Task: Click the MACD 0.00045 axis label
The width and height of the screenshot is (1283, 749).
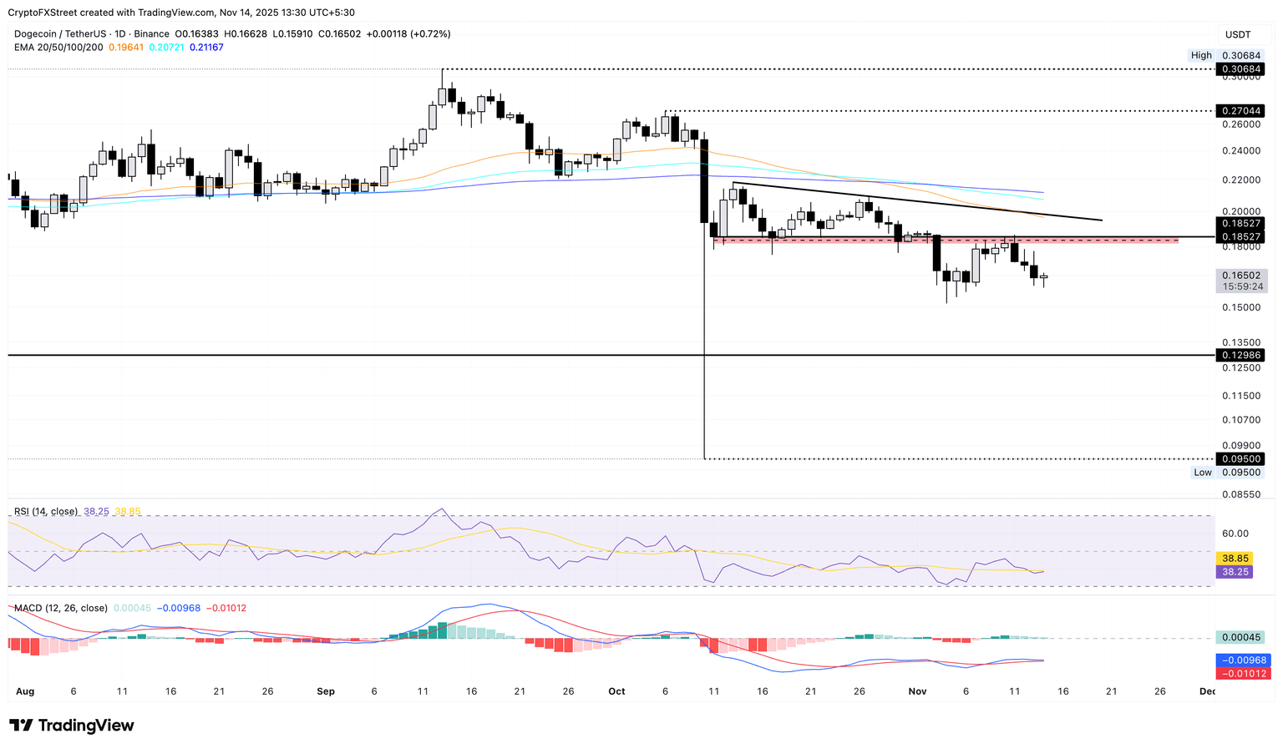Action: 1240,637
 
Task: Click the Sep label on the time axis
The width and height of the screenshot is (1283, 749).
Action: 326,691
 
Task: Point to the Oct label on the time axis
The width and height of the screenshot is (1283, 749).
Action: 616,691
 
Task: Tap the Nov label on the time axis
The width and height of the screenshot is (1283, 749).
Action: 917,691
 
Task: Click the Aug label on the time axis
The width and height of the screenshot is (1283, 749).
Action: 25,691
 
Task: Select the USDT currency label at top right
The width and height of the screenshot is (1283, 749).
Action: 1238,34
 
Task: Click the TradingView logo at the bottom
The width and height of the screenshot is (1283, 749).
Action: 72,725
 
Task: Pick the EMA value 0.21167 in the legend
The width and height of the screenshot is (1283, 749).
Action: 206,48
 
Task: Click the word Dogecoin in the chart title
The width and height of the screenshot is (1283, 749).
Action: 38,34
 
